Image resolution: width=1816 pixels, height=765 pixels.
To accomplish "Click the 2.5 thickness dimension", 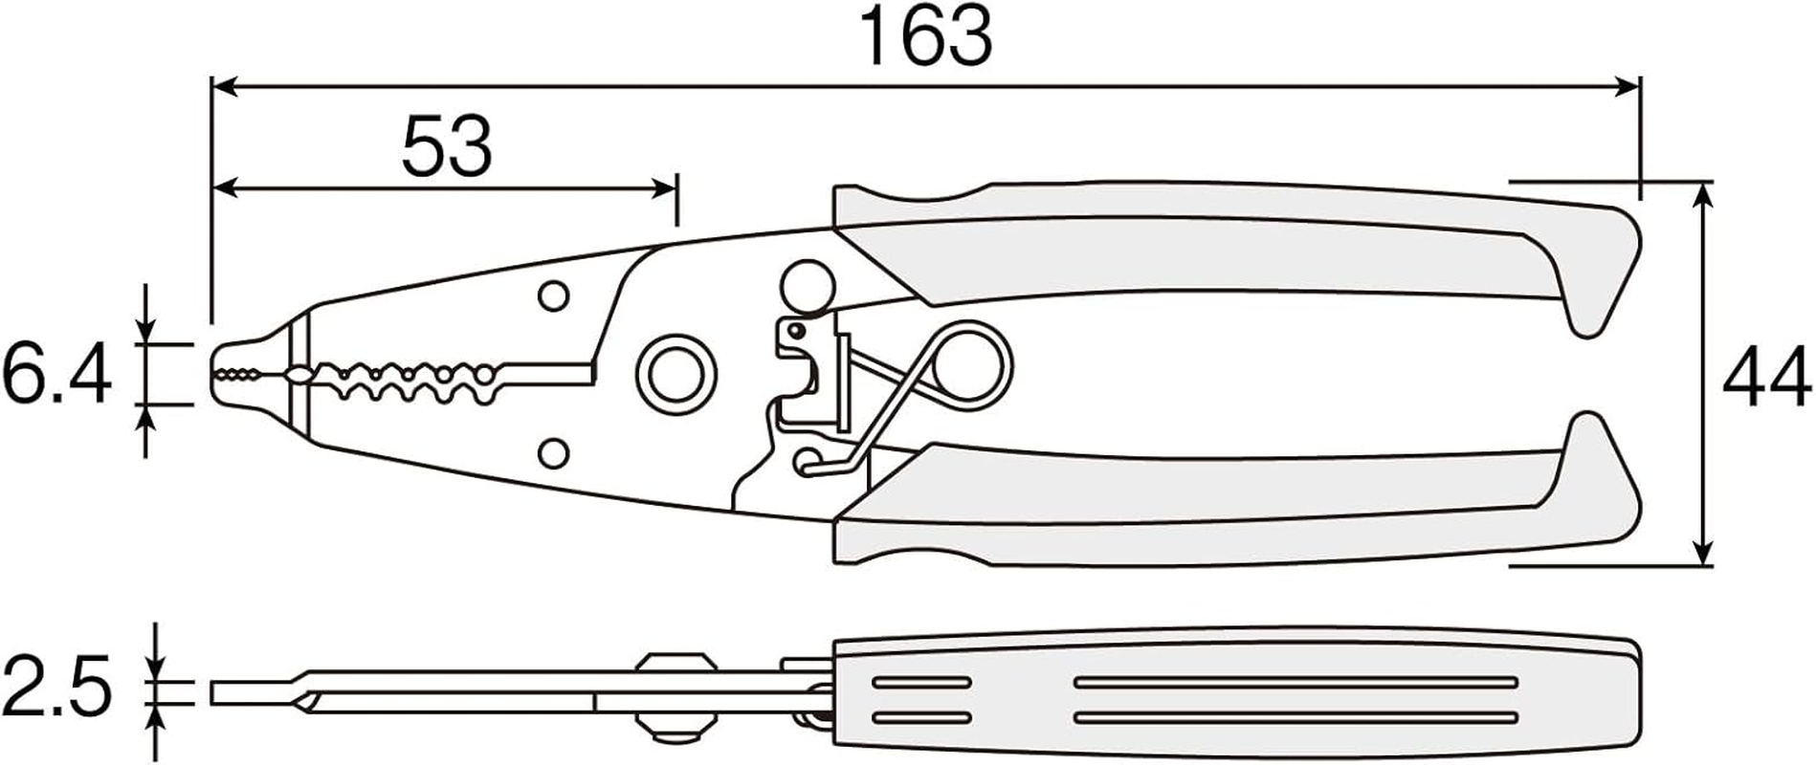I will coord(57,686).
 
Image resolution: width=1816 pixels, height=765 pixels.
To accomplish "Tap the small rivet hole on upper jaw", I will coord(553,295).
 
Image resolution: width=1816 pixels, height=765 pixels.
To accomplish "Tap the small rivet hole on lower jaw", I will coord(553,452).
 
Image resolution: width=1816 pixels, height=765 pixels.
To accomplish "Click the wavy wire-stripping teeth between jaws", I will coord(411,374).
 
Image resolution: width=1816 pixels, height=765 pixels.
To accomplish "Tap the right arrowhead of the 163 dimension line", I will coord(1627,87).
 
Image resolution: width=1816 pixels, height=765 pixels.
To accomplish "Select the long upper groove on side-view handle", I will coord(1296,682).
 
